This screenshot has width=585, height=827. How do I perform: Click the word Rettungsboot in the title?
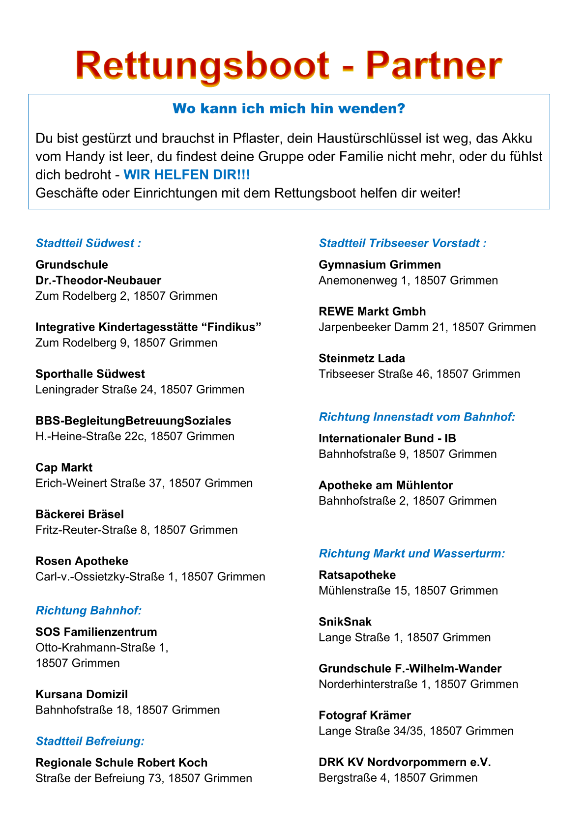(202, 65)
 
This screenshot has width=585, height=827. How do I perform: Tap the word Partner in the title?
(434, 65)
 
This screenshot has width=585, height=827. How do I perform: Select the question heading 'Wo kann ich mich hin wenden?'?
(289, 109)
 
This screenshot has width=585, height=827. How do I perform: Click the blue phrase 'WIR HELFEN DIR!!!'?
(186, 175)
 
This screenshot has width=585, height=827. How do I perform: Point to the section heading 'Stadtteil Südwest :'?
(88, 243)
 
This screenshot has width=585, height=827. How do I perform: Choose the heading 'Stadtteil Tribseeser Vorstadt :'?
(403, 243)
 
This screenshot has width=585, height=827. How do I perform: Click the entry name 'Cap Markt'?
(64, 467)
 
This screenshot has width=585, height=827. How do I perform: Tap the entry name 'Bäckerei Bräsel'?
(80, 514)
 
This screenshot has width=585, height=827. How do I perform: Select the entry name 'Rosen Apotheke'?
(82, 561)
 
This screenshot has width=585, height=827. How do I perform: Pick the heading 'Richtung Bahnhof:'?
(88, 610)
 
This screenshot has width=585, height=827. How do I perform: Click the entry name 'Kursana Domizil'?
(82, 694)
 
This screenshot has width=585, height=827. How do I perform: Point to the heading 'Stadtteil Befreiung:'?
(90, 741)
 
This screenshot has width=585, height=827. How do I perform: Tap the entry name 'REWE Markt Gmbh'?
(372, 312)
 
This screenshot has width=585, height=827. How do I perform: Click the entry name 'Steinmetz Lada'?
(362, 358)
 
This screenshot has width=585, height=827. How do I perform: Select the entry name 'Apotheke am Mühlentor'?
(385, 485)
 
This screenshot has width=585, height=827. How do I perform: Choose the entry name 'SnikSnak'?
(345, 622)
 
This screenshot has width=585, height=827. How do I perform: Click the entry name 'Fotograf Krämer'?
(364, 715)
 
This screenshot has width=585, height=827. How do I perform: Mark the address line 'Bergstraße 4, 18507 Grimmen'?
(398, 777)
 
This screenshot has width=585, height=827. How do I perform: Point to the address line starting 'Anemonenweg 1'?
(408, 280)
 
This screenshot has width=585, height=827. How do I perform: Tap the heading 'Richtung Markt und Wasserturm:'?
(412, 553)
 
